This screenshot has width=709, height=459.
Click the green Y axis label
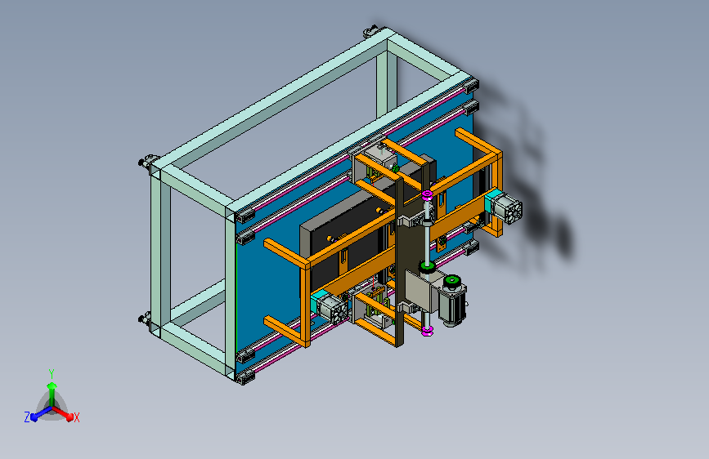(51, 372)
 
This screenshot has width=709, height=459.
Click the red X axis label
(77, 417)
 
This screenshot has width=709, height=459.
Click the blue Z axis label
(27, 417)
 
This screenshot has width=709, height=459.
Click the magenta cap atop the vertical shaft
(427, 194)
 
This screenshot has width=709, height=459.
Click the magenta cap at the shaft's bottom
(426, 330)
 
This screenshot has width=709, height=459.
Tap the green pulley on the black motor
(451, 283)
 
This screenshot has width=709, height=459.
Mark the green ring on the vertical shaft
(427, 266)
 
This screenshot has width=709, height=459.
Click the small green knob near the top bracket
(396, 168)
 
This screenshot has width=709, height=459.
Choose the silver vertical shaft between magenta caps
(427, 237)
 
